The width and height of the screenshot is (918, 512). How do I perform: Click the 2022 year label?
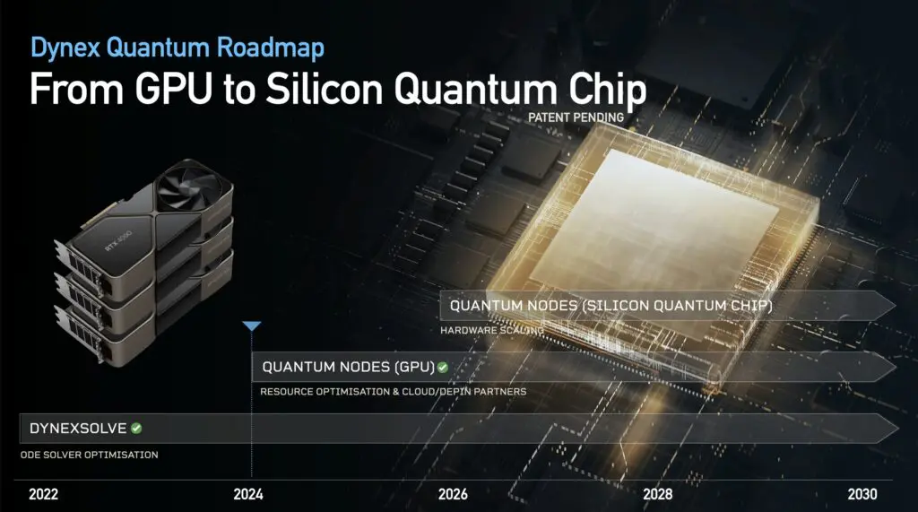click(43, 494)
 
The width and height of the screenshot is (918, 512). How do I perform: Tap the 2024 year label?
click(248, 494)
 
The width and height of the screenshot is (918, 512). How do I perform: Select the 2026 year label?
click(453, 494)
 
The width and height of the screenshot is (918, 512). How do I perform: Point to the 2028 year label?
click(657, 494)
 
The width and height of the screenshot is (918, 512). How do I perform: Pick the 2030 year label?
click(862, 494)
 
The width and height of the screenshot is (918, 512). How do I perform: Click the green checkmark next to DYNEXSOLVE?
click(136, 429)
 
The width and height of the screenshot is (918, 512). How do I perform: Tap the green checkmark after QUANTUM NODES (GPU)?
click(443, 368)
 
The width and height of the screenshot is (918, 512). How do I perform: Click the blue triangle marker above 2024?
click(252, 325)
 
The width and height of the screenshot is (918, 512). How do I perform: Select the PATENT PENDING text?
click(576, 117)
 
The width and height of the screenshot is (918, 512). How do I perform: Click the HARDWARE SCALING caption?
click(492, 330)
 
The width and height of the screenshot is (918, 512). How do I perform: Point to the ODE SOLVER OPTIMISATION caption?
click(89, 455)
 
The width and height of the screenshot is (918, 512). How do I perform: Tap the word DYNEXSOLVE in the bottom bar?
click(78, 429)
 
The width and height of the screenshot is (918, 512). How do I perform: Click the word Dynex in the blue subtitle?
click(65, 48)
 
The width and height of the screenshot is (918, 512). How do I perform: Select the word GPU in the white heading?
click(173, 89)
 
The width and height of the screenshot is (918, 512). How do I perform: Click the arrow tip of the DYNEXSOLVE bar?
click(898, 429)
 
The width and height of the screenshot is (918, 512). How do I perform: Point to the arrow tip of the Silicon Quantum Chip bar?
click(896, 305)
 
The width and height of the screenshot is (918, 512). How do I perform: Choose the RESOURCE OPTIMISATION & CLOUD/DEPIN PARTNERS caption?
click(394, 391)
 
